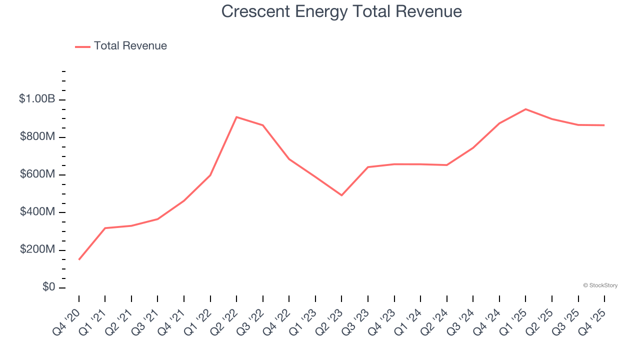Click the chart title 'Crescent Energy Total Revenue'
(341, 11)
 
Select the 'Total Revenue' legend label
(130, 46)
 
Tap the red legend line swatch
(82, 46)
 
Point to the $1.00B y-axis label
(37, 99)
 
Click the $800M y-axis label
(37, 137)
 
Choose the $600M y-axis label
(37, 174)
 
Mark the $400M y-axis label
(37, 212)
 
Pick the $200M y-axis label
(37, 249)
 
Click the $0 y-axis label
(48, 287)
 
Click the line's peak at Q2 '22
(236, 117)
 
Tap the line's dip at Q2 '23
(341, 195)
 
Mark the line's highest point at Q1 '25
(525, 109)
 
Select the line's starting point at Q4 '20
(79, 259)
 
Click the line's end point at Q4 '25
(604, 125)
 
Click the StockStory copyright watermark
(600, 285)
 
